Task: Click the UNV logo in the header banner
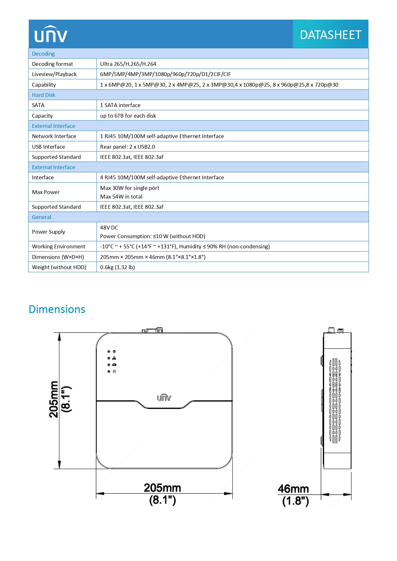click(51, 34)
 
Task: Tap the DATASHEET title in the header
click(330, 35)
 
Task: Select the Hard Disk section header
click(44, 95)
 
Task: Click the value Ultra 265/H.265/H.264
click(128, 64)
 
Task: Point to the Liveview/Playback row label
click(54, 74)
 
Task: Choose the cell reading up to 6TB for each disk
click(128, 116)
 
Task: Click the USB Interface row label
click(48, 147)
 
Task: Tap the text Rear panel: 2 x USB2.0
click(127, 147)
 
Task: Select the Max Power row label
click(46, 192)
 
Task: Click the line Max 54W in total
click(121, 197)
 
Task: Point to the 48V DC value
click(109, 228)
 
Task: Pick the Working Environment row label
click(59, 246)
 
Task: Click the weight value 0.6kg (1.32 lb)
click(117, 267)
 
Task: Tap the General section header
click(42, 217)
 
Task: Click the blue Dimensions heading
click(57, 309)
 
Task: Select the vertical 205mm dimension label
click(54, 399)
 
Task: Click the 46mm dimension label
click(293, 489)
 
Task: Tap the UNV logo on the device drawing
click(164, 397)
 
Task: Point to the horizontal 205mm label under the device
click(163, 488)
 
